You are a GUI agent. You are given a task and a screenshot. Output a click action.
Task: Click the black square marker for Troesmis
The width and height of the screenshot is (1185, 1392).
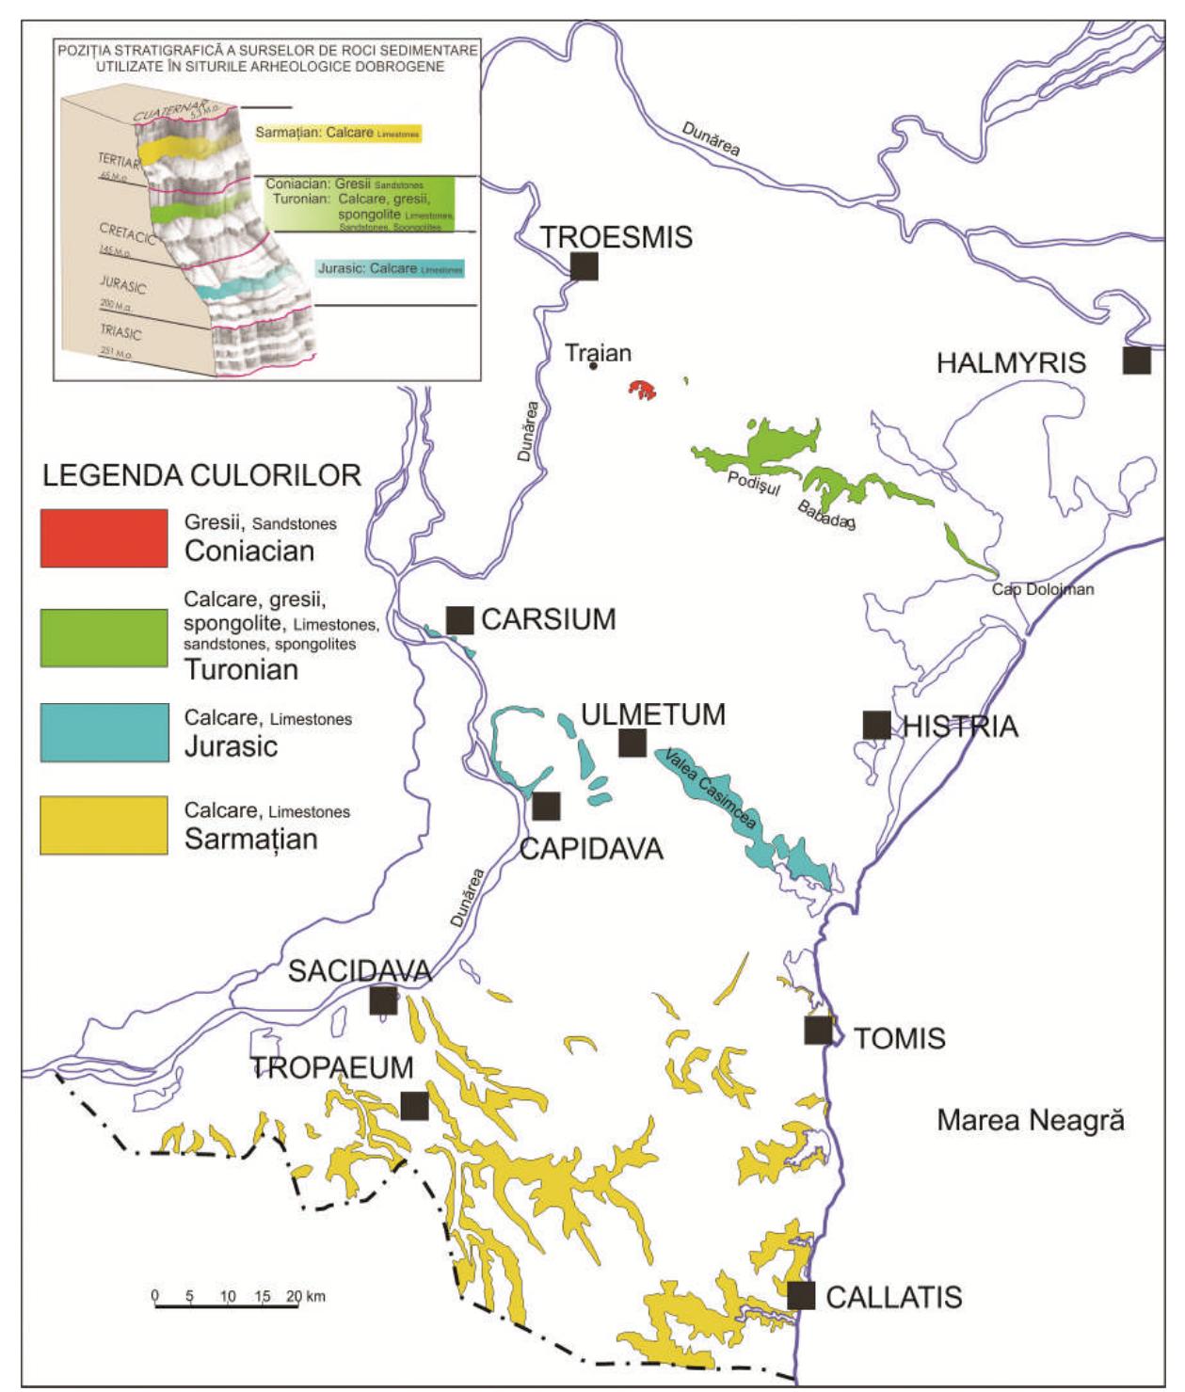click(584, 266)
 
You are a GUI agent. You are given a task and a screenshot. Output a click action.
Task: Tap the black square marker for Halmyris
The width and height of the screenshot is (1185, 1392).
click(1137, 360)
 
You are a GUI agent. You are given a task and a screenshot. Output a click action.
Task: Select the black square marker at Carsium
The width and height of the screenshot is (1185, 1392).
click(459, 620)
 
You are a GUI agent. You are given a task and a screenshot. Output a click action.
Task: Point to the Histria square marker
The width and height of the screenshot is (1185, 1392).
click(876, 725)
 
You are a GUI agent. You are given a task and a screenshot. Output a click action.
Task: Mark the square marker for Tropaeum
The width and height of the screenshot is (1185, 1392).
click(414, 1106)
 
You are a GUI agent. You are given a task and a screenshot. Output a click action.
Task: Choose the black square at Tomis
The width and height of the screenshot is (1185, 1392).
click(818, 1031)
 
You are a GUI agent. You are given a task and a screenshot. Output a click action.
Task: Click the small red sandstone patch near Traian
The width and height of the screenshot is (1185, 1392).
click(643, 391)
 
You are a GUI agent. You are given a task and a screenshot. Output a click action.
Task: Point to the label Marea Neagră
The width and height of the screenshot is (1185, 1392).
click(1031, 1120)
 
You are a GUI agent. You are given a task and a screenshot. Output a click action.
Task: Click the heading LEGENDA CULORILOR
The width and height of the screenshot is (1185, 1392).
click(201, 475)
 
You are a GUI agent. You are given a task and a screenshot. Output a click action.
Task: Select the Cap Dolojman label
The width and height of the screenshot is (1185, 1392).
click(1043, 589)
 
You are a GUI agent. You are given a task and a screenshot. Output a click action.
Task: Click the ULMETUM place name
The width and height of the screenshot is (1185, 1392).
click(653, 714)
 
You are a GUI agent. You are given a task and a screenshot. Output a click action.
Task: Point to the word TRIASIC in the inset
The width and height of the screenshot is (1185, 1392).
click(120, 333)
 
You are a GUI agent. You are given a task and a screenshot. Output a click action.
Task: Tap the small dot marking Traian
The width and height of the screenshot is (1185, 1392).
click(593, 366)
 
